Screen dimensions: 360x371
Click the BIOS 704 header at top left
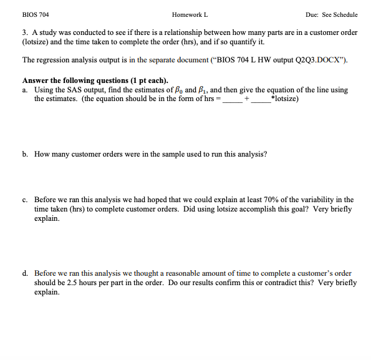pos(35,14)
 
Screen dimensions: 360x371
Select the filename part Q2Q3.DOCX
pos(318,60)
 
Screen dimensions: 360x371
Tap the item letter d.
pos(24,273)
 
